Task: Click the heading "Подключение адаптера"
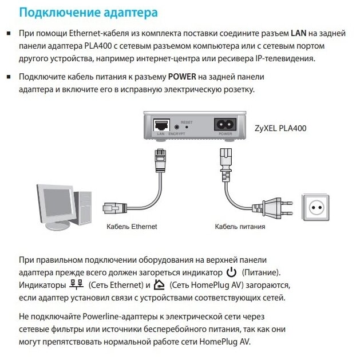click(x=88, y=13)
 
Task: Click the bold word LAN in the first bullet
click(x=298, y=33)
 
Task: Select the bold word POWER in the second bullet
click(x=182, y=77)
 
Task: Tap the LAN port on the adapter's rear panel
click(x=161, y=125)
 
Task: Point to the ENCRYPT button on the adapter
click(x=177, y=126)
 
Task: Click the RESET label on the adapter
click(x=187, y=122)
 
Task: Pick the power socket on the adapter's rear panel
click(x=225, y=124)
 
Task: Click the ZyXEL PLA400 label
click(x=280, y=128)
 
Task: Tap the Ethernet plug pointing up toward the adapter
click(x=160, y=160)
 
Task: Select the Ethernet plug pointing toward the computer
click(x=114, y=208)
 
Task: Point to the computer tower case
click(x=82, y=208)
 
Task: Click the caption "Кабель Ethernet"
click(x=132, y=227)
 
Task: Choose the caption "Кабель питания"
click(x=240, y=227)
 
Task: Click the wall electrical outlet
click(x=316, y=208)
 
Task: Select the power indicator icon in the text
click(x=231, y=272)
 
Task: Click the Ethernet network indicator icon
click(x=76, y=284)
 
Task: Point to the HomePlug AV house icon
click(x=159, y=284)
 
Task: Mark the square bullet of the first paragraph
click(x=9, y=34)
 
